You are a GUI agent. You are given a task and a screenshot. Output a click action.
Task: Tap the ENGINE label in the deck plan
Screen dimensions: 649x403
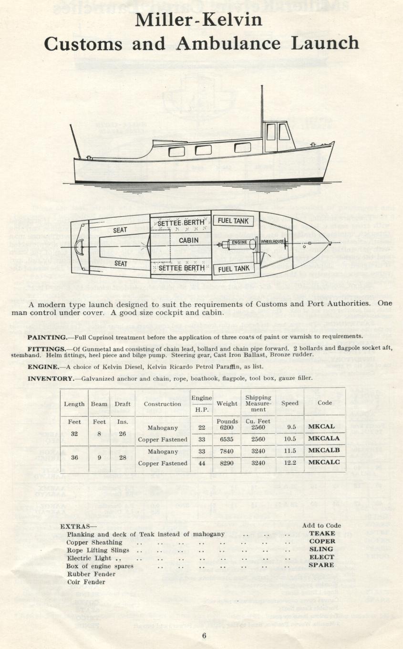239,242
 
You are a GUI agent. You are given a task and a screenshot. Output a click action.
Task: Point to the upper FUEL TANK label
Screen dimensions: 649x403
234,221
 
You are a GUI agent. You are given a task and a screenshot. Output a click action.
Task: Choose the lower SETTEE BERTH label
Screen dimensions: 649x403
181,268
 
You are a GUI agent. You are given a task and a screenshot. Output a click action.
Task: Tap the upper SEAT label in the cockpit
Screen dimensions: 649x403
120,230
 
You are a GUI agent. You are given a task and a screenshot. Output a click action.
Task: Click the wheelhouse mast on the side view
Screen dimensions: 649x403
262,103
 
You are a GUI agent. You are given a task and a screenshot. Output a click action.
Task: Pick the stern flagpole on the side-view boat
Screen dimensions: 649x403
75,141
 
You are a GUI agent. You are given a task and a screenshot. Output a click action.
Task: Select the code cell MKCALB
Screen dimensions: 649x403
324,451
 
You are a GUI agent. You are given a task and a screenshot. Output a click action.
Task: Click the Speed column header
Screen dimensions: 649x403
289,403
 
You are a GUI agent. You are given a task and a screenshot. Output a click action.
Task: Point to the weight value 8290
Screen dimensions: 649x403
227,463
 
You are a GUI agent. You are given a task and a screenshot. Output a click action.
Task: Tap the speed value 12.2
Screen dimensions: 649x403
289,463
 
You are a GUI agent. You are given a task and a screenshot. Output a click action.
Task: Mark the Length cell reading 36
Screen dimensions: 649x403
74,457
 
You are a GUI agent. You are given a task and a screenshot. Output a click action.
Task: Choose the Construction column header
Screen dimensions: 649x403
162,404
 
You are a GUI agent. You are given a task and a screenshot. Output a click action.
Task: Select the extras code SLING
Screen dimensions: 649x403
321,549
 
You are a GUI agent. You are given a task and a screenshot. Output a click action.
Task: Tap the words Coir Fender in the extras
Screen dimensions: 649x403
86,582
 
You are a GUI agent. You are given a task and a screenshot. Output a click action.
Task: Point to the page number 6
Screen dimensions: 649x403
204,635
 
